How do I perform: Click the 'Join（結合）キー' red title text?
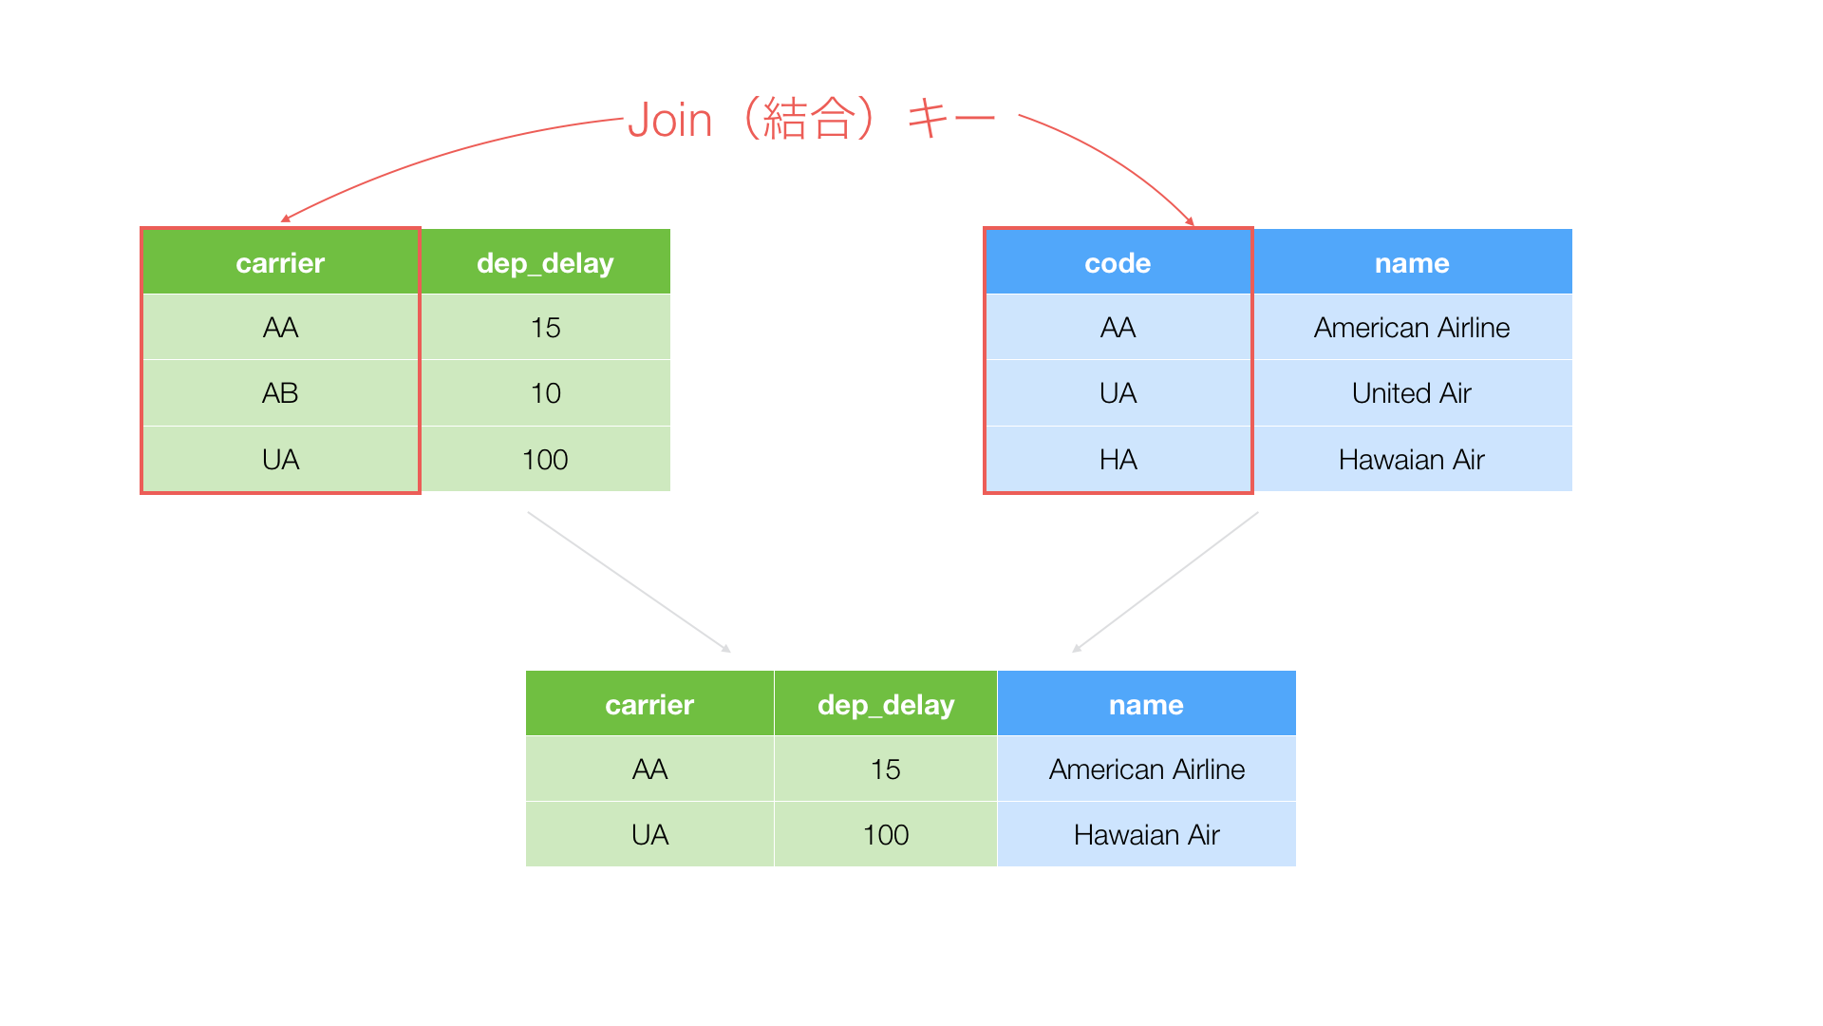point(812,120)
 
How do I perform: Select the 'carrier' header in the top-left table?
point(280,262)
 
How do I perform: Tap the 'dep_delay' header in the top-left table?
point(545,262)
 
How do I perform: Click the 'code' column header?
point(1118,262)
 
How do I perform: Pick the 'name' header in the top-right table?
point(1412,262)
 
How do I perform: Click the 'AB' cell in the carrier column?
point(280,393)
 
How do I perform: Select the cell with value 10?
point(545,393)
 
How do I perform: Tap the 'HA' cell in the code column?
point(1118,460)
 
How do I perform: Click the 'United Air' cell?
point(1412,393)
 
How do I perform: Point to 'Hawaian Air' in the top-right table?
point(1412,460)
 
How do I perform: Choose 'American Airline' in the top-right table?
point(1412,328)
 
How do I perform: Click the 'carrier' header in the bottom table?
point(649,704)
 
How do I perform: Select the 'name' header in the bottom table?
point(1146,704)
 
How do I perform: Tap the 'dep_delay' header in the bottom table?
point(886,704)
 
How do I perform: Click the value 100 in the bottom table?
point(886,835)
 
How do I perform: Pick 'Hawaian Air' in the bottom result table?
point(1146,835)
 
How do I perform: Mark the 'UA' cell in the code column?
point(1118,393)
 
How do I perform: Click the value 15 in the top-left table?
point(545,328)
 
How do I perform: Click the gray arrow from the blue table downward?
point(1165,582)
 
